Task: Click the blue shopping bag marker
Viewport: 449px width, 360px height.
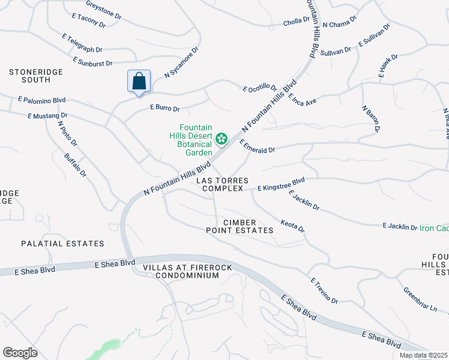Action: click(139, 82)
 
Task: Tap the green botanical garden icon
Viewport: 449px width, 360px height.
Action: click(221, 139)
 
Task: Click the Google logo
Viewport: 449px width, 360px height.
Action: click(20, 353)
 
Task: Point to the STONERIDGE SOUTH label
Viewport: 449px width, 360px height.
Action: click(36, 76)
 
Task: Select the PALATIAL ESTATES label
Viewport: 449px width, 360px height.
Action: click(62, 244)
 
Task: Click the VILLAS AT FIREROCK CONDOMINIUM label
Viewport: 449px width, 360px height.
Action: click(181, 271)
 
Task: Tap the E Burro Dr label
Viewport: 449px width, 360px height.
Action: click(164, 109)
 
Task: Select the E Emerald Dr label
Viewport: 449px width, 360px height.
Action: click(257, 146)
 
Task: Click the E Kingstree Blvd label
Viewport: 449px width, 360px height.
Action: click(281, 188)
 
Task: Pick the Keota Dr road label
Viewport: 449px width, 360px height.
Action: click(293, 226)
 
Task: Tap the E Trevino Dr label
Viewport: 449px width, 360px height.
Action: click(324, 290)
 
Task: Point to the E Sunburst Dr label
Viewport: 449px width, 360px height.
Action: click(93, 62)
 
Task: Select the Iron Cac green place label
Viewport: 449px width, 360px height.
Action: click(434, 227)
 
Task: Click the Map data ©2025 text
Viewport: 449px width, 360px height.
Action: click(423, 355)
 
